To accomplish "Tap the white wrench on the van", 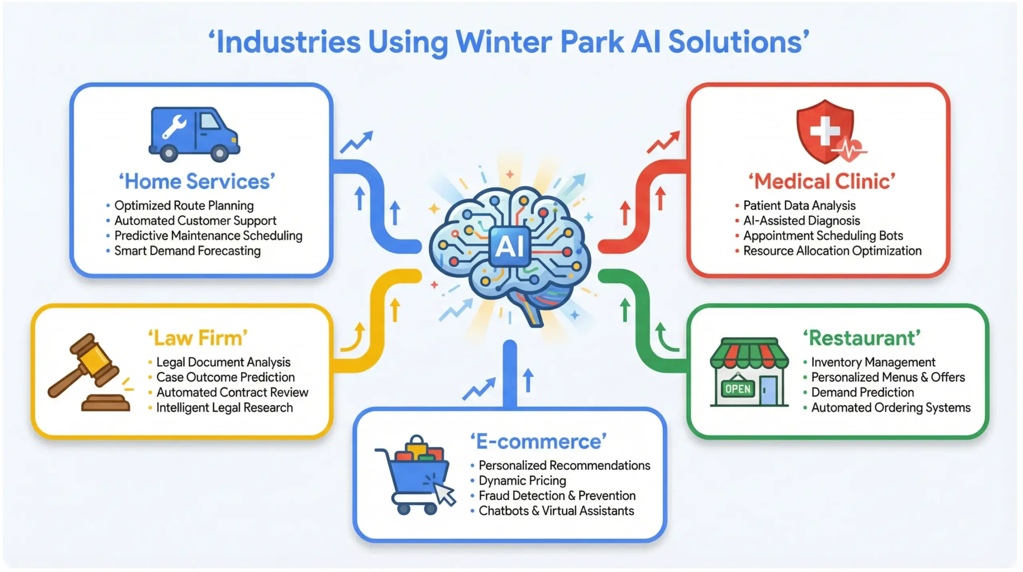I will (174, 127).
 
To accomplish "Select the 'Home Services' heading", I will (197, 181).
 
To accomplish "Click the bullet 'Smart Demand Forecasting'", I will (187, 251).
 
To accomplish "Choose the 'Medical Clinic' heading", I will (822, 181).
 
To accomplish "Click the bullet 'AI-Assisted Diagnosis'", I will (801, 221).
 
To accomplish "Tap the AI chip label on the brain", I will (510, 246).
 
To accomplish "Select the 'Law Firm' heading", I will (198, 338).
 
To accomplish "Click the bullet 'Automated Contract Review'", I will (232, 393).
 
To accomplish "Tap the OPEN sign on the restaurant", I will (738, 389).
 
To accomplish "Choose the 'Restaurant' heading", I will (862, 338).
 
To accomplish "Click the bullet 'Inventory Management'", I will (873, 362).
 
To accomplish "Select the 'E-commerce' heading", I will (538, 442).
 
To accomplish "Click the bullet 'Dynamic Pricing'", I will (522, 480).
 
